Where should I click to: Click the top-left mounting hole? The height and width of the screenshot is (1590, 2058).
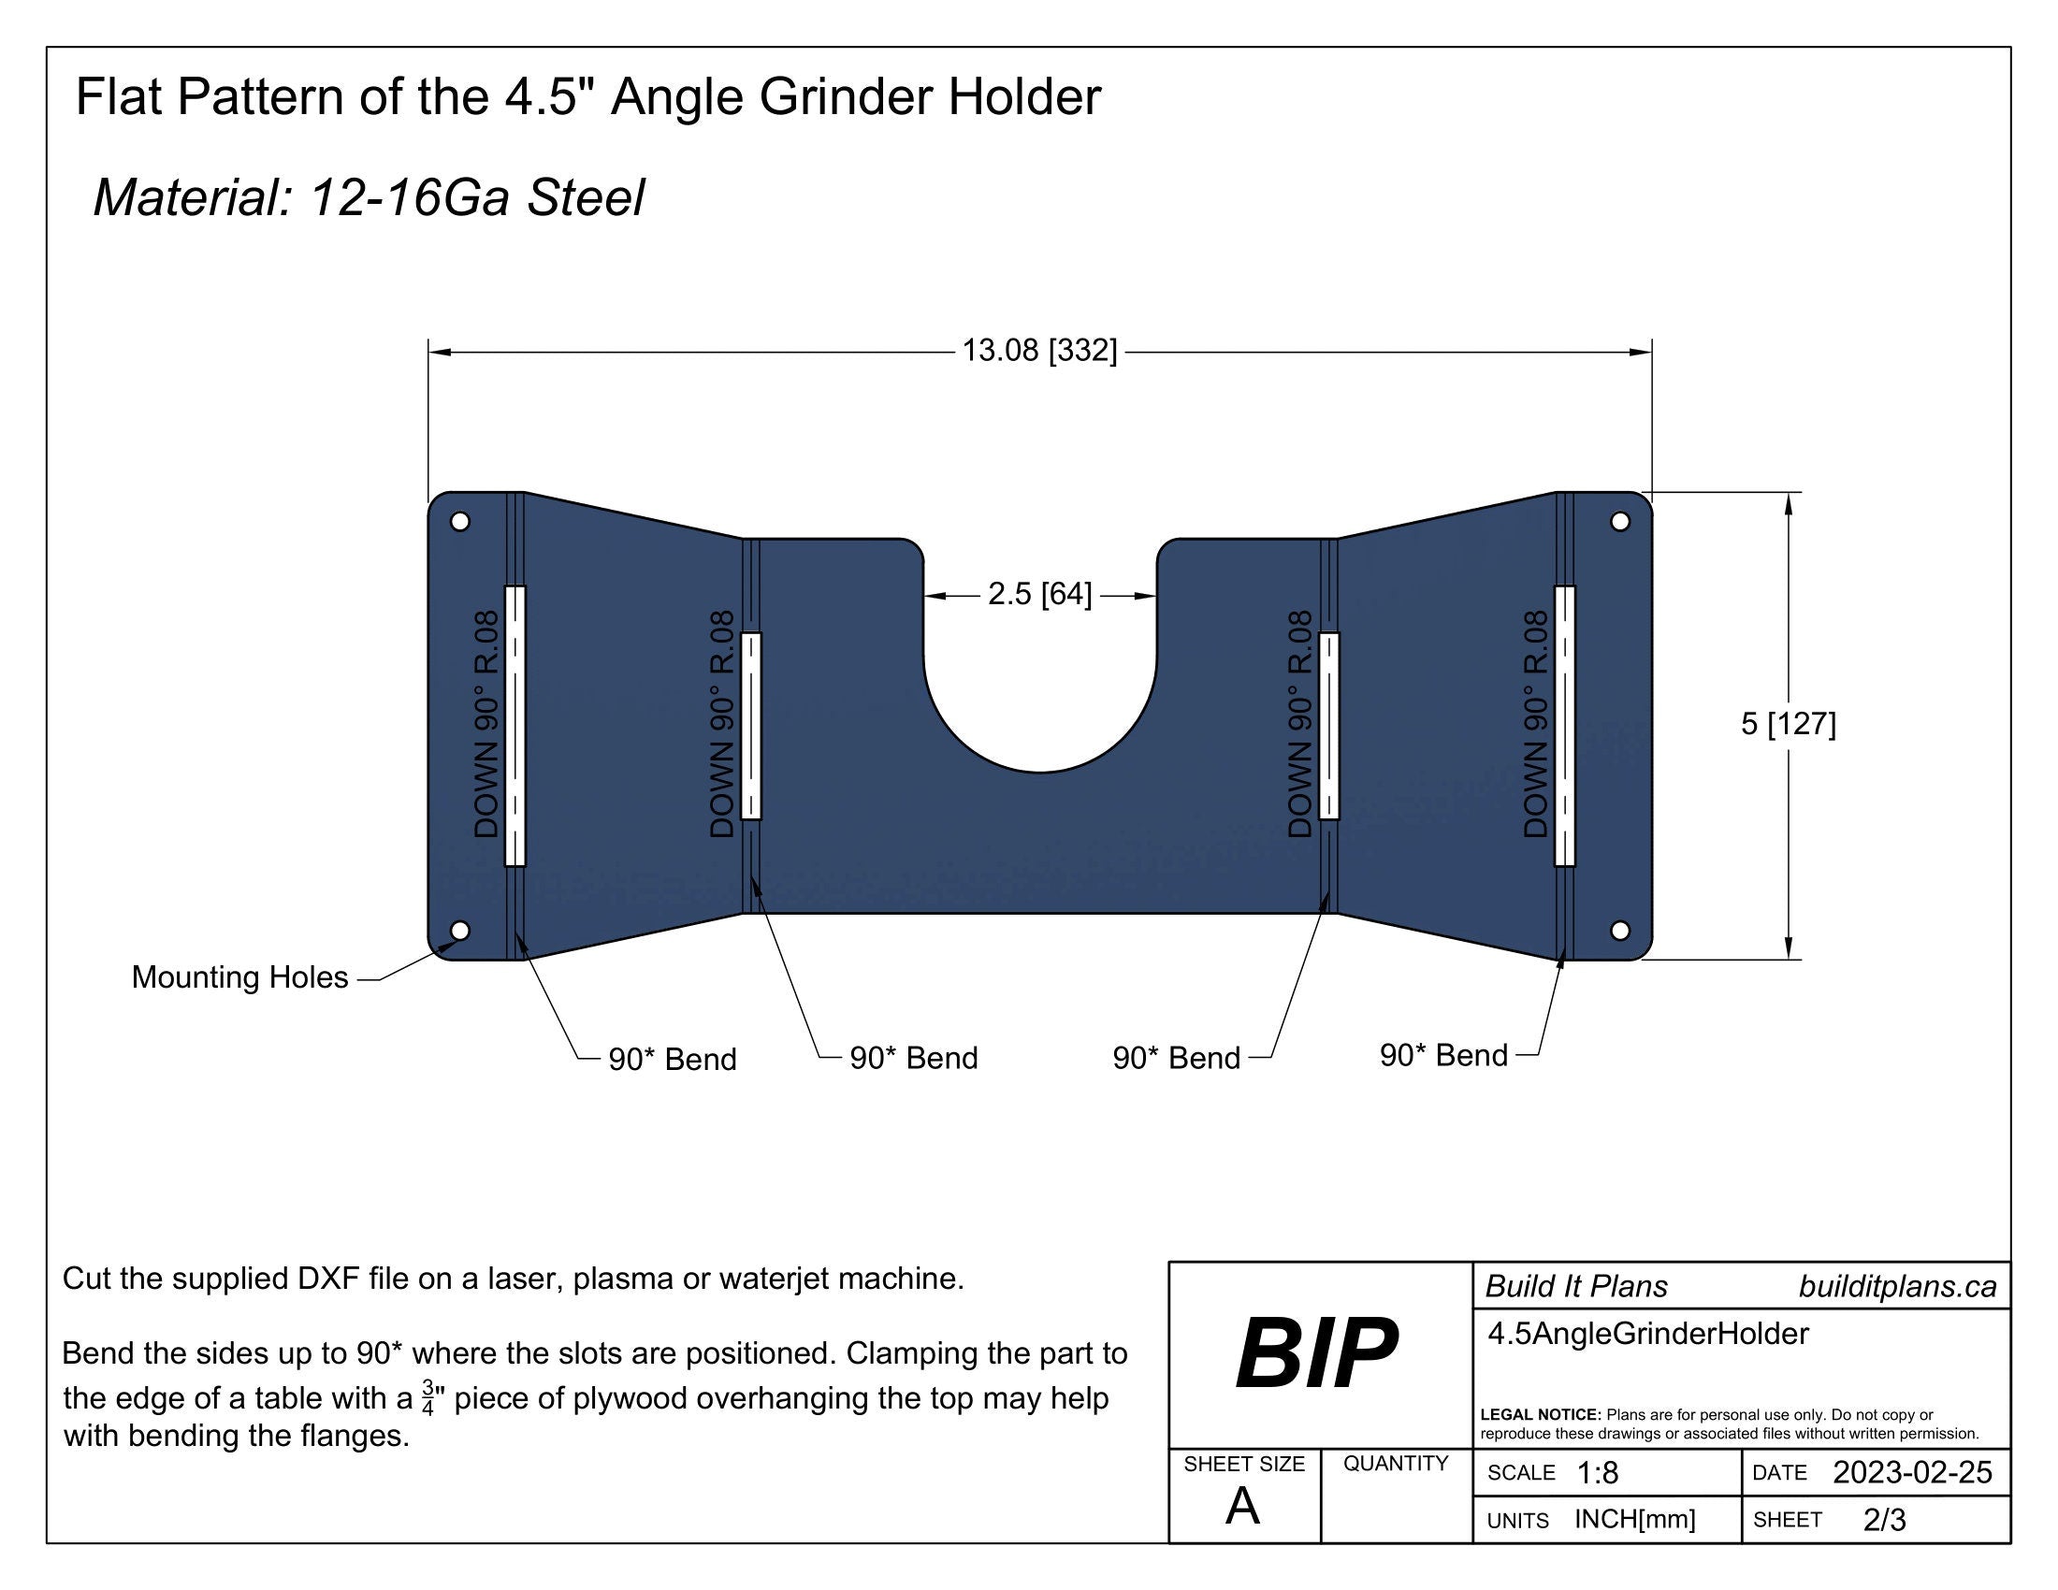click(460, 521)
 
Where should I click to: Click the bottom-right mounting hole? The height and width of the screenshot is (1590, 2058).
click(1620, 931)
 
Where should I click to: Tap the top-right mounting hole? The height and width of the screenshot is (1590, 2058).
click(1620, 521)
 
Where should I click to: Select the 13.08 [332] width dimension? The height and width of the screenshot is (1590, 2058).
click(1038, 351)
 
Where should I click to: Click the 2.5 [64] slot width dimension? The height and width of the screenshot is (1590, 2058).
click(1039, 594)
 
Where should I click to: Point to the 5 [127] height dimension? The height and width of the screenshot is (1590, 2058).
click(1788, 723)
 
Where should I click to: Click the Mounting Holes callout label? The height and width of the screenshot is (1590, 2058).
click(239, 977)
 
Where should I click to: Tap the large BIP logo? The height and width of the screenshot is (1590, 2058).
click(1316, 1353)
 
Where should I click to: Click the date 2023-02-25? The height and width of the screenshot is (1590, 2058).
click(1912, 1472)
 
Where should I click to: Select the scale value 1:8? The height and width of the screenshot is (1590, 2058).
click(1597, 1473)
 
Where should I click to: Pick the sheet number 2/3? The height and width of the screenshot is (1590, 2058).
click(1884, 1520)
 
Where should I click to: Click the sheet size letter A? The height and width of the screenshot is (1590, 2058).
click(1242, 1507)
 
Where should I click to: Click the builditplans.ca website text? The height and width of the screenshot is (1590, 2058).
click(1897, 1287)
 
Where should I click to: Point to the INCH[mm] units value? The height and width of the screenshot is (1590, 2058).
click(1635, 1519)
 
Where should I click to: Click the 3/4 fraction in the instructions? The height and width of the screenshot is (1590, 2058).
click(428, 1398)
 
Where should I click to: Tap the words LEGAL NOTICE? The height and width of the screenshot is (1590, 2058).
click(1540, 1415)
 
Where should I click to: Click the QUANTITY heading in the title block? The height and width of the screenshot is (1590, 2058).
click(1396, 1463)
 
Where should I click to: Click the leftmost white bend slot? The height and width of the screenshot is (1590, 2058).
click(515, 725)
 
